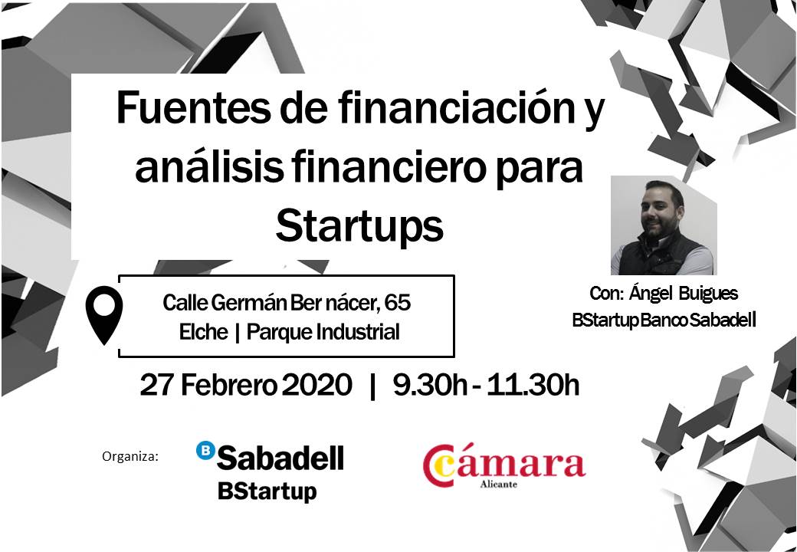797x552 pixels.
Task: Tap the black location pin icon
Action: click(x=104, y=314)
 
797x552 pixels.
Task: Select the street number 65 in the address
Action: click(x=398, y=303)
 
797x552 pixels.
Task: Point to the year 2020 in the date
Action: click(x=317, y=385)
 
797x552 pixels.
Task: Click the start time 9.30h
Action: click(x=430, y=385)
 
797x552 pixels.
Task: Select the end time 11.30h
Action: click(x=533, y=385)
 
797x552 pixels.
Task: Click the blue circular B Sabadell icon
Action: click(x=205, y=450)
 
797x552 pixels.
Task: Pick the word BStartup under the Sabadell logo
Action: click(x=267, y=491)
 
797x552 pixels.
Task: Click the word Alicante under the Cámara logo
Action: click(x=499, y=484)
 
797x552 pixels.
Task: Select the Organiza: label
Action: click(x=130, y=456)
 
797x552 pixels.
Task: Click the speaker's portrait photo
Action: click(x=664, y=225)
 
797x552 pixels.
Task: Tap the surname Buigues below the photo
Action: click(x=709, y=294)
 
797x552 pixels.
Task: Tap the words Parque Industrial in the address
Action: click(x=323, y=332)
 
